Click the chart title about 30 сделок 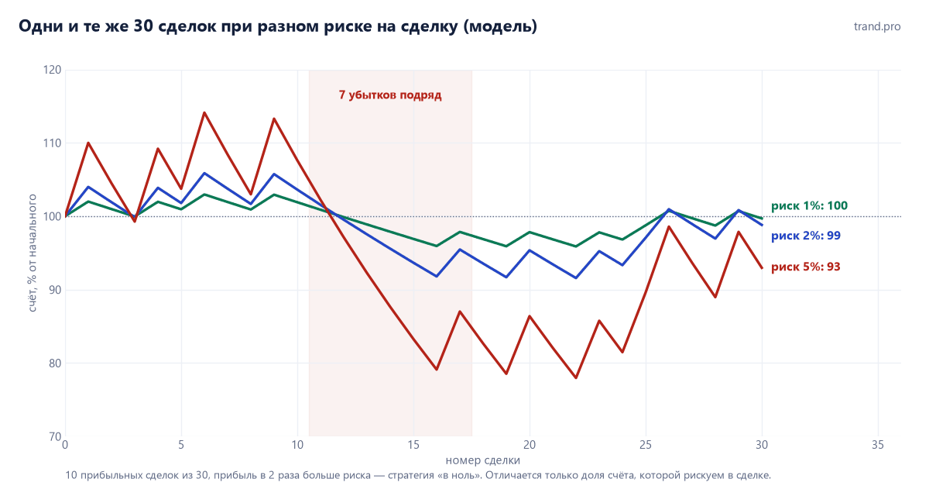[x=278, y=26]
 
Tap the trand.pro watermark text [x=877, y=26]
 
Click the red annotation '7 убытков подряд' [x=390, y=95]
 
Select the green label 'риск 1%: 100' [x=809, y=206]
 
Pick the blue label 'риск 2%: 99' [x=806, y=236]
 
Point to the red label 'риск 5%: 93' [x=806, y=267]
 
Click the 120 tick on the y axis [x=53, y=70]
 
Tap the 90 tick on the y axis [x=55, y=290]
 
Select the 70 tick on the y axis [x=55, y=436]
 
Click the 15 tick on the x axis [x=413, y=446]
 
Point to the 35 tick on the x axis [x=878, y=446]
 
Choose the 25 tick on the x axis [x=646, y=446]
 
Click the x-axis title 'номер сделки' [x=483, y=460]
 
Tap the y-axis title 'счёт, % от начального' [x=32, y=253]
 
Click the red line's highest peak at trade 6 [x=204, y=112]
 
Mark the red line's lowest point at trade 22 [x=576, y=377]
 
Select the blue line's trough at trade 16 [x=437, y=276]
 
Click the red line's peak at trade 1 [x=88, y=143]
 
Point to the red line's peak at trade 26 [x=669, y=226]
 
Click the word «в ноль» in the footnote [x=461, y=475]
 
